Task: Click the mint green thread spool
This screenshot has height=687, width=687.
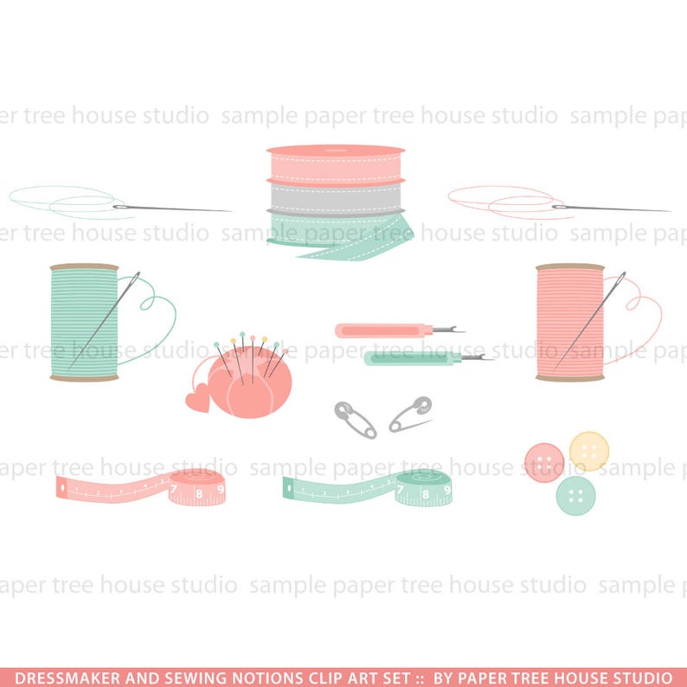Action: [84, 322]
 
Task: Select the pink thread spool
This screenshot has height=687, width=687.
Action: [569, 322]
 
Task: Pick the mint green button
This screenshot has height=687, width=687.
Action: [575, 495]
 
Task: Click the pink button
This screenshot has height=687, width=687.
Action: [544, 462]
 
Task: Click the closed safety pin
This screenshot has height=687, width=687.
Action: [356, 419]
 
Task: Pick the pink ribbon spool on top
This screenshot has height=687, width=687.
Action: [335, 161]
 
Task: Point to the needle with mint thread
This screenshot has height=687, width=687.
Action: [173, 208]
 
